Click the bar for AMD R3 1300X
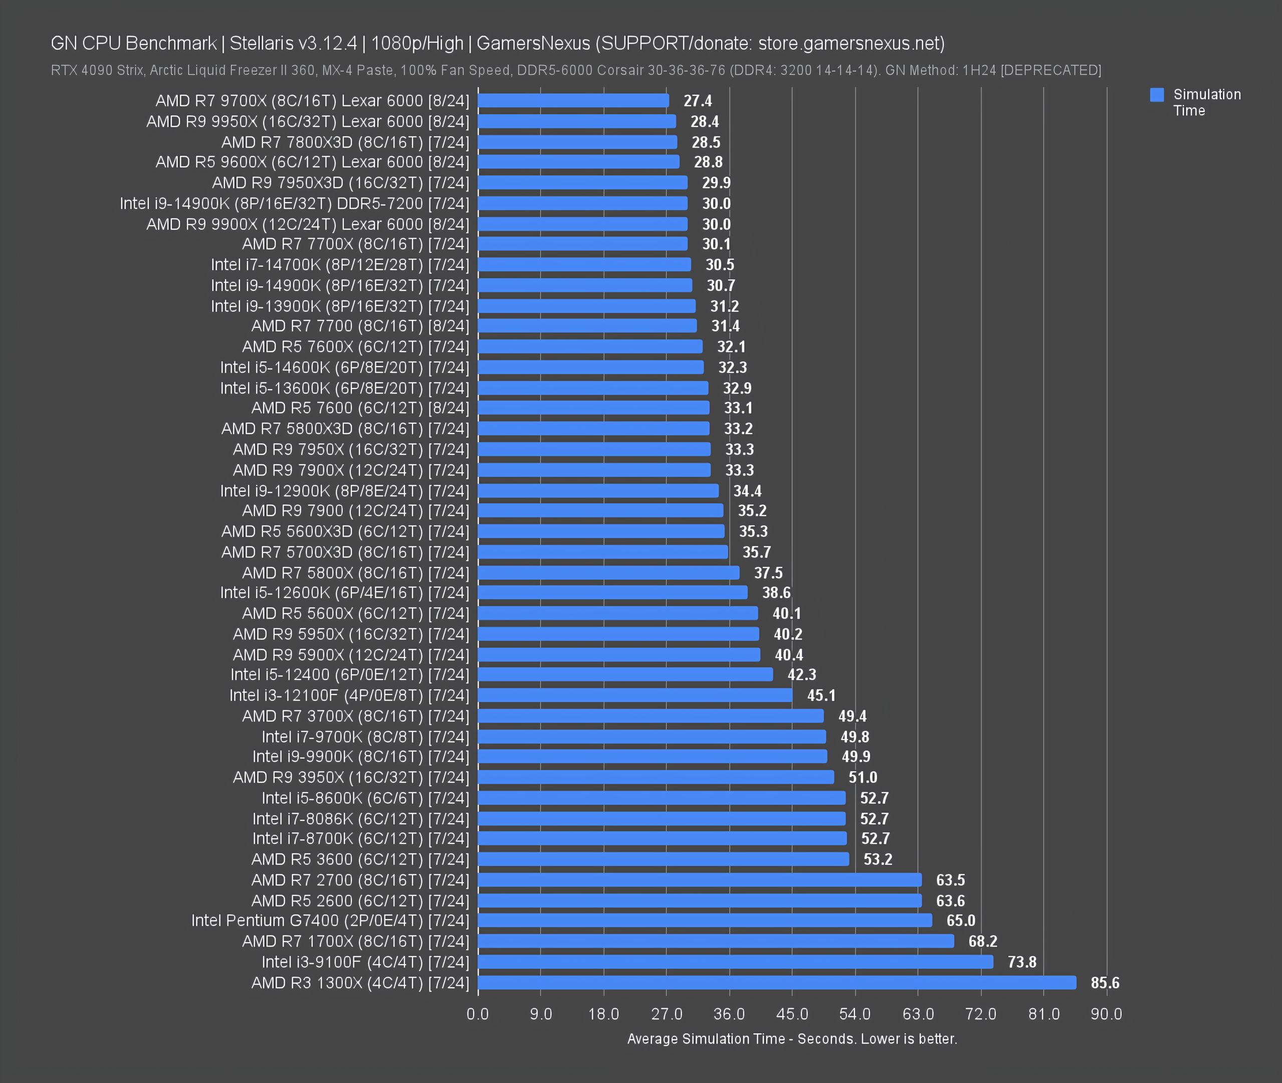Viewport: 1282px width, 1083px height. point(776,982)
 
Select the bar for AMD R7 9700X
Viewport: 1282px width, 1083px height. point(573,101)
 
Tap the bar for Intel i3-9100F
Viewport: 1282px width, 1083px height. point(735,962)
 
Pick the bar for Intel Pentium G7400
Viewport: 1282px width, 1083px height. point(705,921)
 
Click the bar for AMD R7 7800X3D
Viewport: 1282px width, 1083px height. point(577,142)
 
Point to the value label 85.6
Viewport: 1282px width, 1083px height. point(1105,983)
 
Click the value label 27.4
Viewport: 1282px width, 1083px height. point(698,101)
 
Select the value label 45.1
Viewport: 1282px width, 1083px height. point(821,695)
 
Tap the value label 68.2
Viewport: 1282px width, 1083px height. point(982,941)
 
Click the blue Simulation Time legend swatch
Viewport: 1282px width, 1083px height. point(1157,95)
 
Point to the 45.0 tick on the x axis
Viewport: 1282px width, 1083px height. point(792,1014)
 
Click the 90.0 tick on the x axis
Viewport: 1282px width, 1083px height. point(1106,1014)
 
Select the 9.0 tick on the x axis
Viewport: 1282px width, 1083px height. point(541,1014)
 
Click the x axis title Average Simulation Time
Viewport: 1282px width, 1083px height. point(792,1039)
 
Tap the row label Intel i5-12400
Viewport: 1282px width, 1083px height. point(349,675)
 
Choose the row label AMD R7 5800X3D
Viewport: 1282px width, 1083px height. point(345,429)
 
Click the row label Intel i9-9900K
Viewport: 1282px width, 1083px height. point(360,757)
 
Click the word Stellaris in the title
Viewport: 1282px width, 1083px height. point(262,44)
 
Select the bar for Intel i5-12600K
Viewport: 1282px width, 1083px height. point(612,593)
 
